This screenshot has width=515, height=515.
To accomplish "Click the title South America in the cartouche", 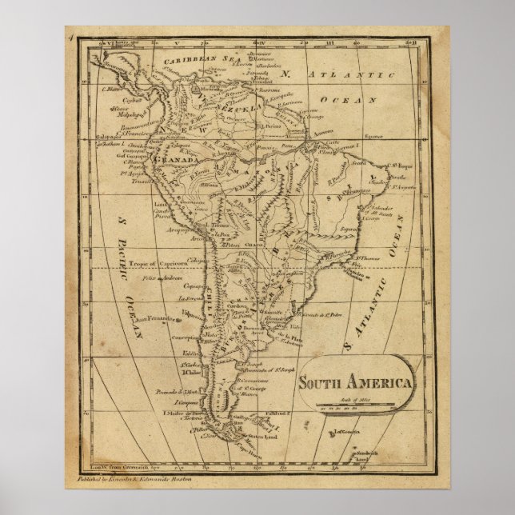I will click(356, 382).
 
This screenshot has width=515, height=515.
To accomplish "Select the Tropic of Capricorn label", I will click(154, 264).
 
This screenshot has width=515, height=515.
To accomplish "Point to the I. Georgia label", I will click(345, 432).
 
